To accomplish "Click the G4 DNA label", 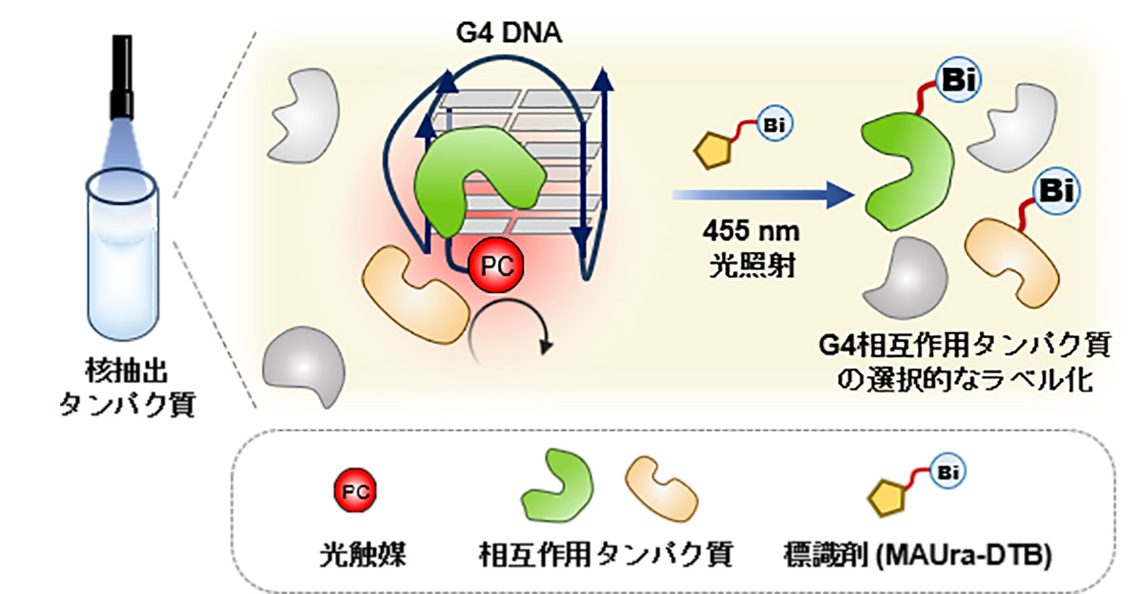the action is [509, 32].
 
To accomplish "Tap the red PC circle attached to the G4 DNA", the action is [496, 265].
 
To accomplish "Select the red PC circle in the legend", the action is [355, 491].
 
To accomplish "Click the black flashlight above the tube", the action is [122, 76].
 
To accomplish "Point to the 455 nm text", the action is [750, 231].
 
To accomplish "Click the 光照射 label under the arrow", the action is [752, 265].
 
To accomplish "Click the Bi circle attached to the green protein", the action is [958, 80].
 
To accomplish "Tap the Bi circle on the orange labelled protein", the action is [1056, 190].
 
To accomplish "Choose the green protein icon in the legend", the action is [557, 486].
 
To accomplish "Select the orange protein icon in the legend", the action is [661, 490].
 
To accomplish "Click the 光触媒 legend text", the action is [363, 554].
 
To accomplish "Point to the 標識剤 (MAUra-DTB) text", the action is [918, 555].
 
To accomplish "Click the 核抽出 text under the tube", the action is [126, 371].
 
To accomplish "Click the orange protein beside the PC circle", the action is [415, 295].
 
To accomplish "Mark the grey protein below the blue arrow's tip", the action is [905, 277].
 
